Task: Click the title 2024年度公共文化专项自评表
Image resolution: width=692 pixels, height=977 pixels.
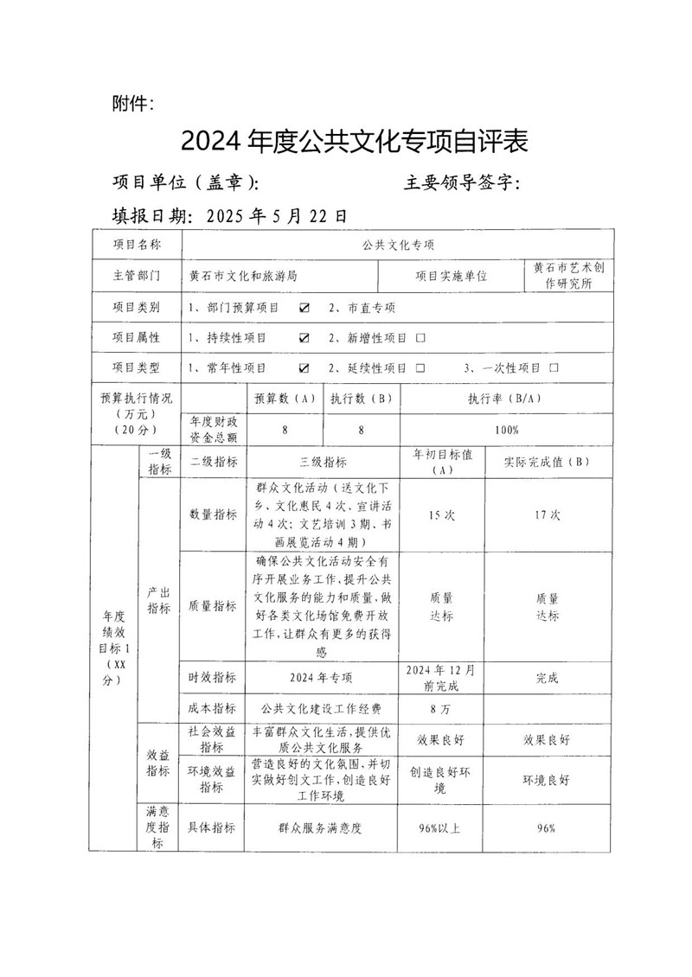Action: (x=354, y=141)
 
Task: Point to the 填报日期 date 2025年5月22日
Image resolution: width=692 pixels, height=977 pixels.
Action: (x=277, y=214)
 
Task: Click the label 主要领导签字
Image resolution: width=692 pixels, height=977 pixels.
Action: (x=461, y=182)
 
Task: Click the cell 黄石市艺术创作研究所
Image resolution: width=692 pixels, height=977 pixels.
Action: (x=568, y=275)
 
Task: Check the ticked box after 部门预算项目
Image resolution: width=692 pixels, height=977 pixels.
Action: (x=304, y=307)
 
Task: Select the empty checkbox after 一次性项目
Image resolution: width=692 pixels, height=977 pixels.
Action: (x=554, y=367)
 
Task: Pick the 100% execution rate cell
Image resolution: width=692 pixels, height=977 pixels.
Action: (x=506, y=430)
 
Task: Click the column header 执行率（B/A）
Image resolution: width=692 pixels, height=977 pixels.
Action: (x=506, y=399)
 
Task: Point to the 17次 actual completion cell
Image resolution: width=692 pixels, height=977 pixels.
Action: (x=547, y=514)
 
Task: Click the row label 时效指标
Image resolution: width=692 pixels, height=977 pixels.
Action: (x=212, y=678)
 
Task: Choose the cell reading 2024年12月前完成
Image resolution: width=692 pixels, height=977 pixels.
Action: (x=442, y=678)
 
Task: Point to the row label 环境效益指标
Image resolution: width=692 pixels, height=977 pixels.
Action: (x=212, y=779)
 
